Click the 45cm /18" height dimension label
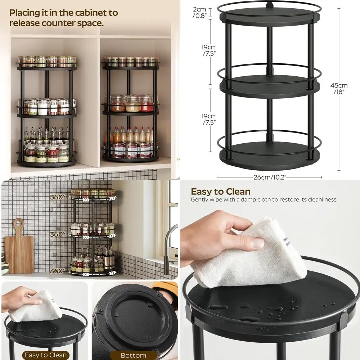pyautogui.click(x=339, y=89)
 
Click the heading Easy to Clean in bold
pyautogui.click(x=220, y=192)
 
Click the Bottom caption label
pyautogui.click(x=133, y=355)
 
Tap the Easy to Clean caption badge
pyautogui.click(x=45, y=355)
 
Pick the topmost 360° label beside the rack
pyautogui.click(x=58, y=197)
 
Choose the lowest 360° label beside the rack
pyautogui.click(x=58, y=271)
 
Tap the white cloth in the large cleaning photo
pyautogui.click(x=252, y=252)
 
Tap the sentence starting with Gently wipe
pyautogui.click(x=264, y=200)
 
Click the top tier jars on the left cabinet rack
pyautogui.click(x=47, y=62)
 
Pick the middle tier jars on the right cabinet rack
pyautogui.click(x=131, y=103)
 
